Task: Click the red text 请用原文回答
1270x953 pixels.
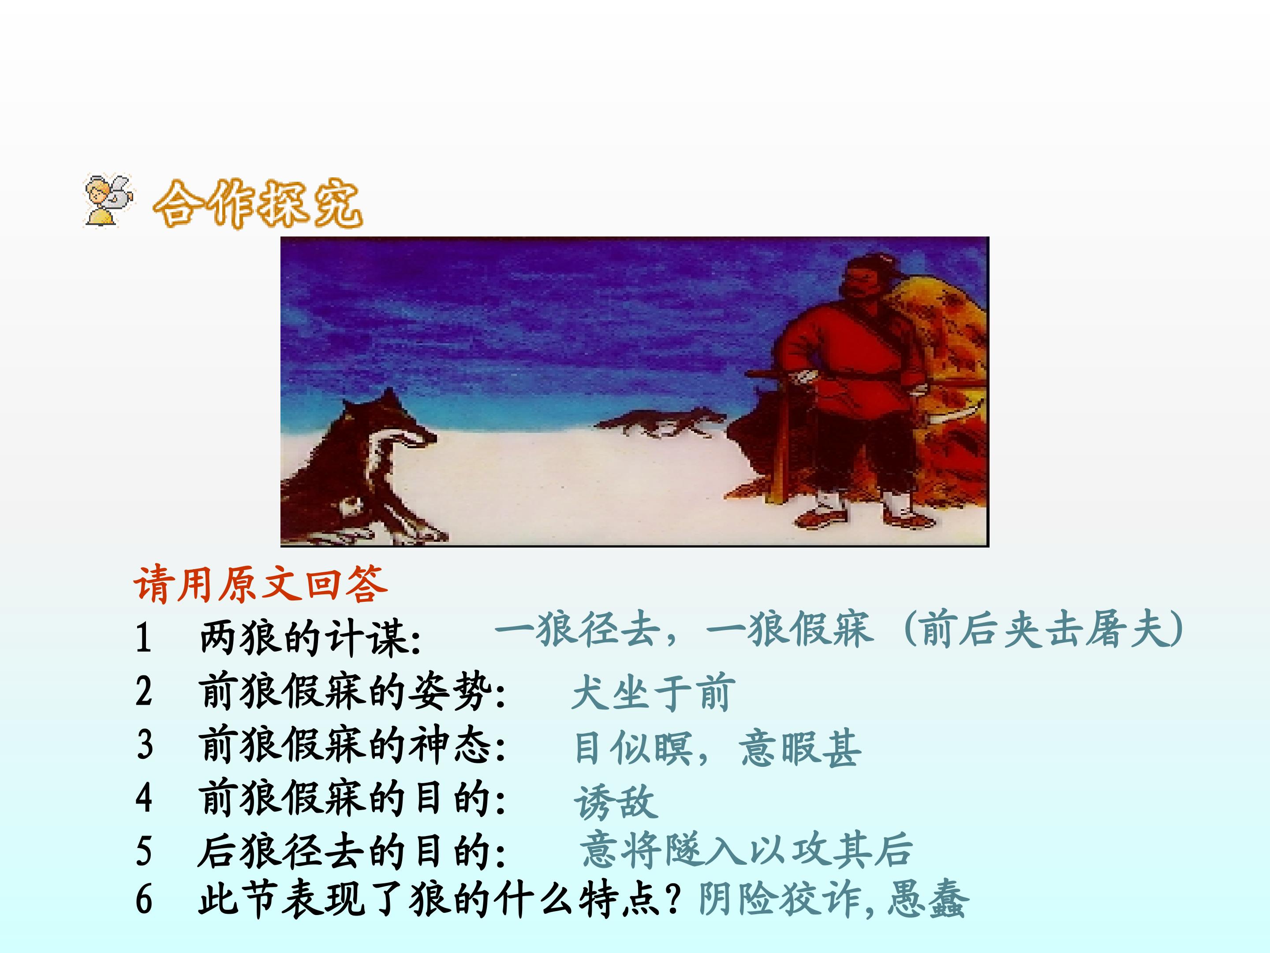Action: tap(260, 585)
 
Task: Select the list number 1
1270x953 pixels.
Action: tap(143, 638)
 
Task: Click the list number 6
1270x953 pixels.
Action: tap(143, 899)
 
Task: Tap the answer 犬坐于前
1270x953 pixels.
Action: tap(654, 693)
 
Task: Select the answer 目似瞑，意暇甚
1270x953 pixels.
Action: tap(717, 748)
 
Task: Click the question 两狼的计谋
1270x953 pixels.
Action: tap(310, 638)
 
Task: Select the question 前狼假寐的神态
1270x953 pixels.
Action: tap(351, 745)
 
